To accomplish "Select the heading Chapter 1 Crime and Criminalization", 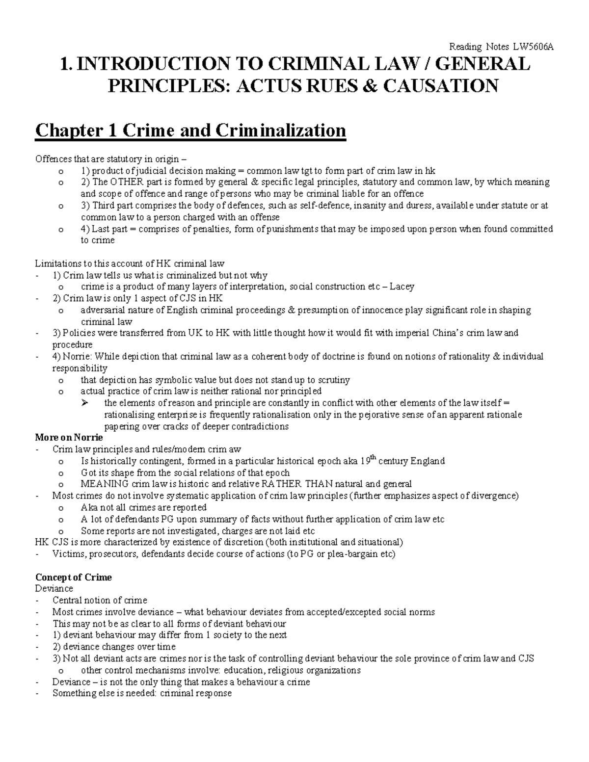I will [x=190, y=131].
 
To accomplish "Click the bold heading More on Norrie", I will [x=69, y=437].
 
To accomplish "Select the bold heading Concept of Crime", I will [x=73, y=577].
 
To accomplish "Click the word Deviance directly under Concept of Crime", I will [x=54, y=588].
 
